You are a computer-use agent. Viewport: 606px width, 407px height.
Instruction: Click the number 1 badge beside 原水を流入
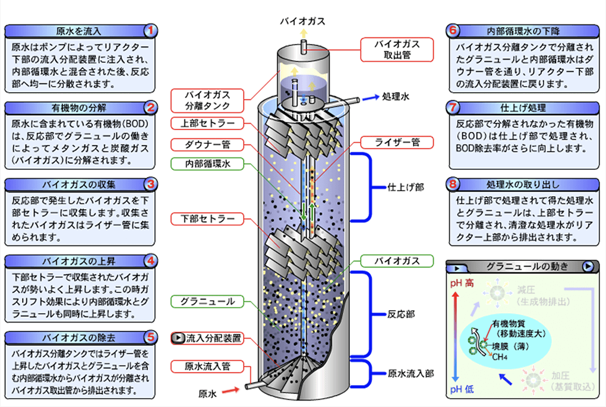pos(151,30)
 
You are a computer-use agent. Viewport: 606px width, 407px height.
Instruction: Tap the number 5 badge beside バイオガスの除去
pos(151,337)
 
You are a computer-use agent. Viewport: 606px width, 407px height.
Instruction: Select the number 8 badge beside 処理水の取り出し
pos(453,184)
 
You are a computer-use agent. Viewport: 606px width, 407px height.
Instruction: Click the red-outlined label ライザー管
pos(397,143)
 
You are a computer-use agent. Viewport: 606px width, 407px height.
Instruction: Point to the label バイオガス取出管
pos(397,49)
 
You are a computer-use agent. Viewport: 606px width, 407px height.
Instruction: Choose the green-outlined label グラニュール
pos(207,301)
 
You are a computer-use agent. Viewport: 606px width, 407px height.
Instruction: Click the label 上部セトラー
pos(207,124)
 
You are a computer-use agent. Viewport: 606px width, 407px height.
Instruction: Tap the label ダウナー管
pos(207,144)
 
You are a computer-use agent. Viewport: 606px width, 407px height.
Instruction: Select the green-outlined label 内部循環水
pos(207,164)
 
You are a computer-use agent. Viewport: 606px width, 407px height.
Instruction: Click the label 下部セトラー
pos(207,219)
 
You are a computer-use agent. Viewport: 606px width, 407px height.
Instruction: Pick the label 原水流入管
pos(207,367)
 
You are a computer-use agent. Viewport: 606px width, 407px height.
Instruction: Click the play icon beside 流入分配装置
pos(178,338)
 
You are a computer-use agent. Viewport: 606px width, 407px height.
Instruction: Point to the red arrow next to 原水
pos(231,391)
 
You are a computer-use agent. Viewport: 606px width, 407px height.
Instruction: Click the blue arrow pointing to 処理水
pos(370,98)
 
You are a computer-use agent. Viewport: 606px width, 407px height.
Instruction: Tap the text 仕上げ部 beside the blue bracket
pos(406,188)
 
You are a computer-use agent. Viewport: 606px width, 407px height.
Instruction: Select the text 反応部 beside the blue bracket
pos(401,314)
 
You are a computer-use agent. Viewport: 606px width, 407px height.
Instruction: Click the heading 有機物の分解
pos(79,108)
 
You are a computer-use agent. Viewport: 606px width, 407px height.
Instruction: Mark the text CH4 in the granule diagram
pos(500,357)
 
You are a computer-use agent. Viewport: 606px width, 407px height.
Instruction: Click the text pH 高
pos(462,283)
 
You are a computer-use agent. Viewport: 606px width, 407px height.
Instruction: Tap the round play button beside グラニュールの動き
pos(588,266)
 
